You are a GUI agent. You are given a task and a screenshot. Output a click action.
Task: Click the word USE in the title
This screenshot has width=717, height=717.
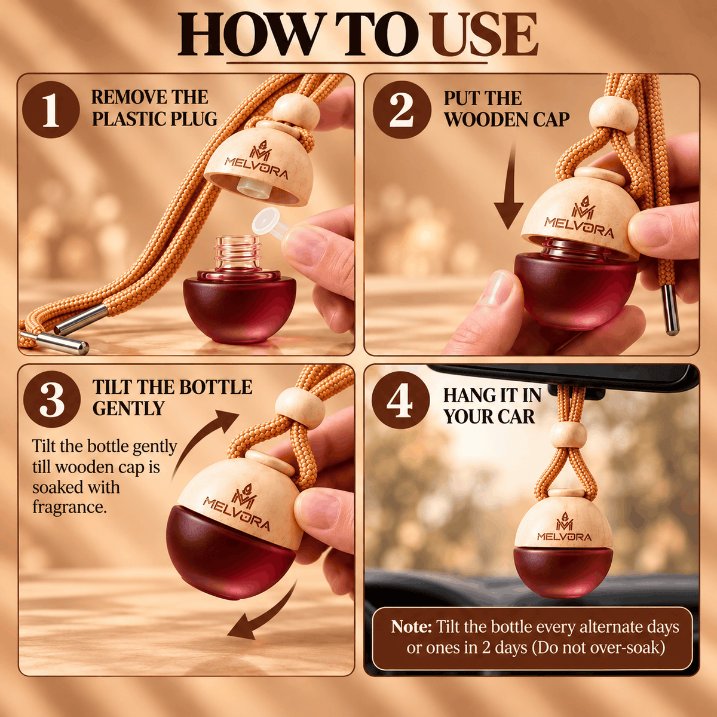coord(485,35)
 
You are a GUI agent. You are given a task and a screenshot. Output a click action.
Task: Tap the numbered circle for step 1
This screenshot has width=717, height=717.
coord(51,110)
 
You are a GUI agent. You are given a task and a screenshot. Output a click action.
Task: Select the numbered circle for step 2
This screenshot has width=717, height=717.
coord(402,110)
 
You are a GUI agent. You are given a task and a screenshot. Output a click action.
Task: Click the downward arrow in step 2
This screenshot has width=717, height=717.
coord(508,185)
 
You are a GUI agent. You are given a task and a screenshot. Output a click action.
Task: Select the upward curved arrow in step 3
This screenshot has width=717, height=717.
coord(203,442)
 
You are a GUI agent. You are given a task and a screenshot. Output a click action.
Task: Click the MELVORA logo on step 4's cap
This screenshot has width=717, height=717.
coord(564,531)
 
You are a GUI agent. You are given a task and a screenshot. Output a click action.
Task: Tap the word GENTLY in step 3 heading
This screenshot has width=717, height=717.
coord(128,408)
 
